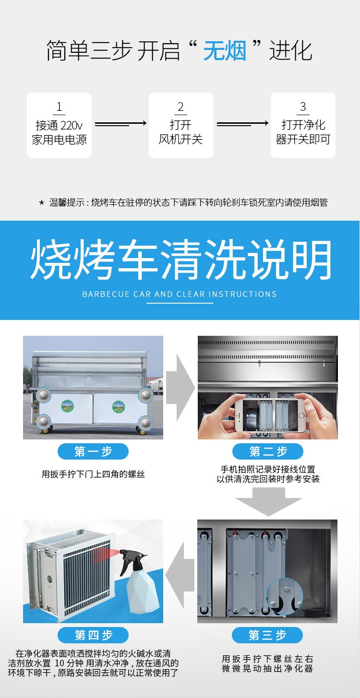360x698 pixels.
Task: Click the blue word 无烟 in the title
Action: tap(225, 50)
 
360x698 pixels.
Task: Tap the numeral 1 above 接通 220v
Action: tap(59, 107)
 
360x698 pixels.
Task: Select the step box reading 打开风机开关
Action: tap(181, 125)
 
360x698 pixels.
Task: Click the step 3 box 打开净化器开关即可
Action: tap(303, 125)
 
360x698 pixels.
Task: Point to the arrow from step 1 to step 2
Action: tap(120, 124)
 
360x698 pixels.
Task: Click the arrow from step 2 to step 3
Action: tap(242, 124)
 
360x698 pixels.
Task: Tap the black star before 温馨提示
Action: tap(41, 203)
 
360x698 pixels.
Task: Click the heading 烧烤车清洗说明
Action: tap(180, 260)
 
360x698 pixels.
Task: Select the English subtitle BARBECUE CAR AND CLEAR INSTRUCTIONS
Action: tap(179, 294)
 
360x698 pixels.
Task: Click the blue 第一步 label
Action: tap(93, 451)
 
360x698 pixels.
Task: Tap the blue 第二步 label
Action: tap(268, 451)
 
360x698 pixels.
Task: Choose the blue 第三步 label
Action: tap(267, 635)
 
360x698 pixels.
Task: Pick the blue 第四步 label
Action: tap(93, 635)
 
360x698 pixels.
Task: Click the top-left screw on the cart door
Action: tap(43, 395)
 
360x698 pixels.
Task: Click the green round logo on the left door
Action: tap(67, 406)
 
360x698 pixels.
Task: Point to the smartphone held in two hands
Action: tap(270, 415)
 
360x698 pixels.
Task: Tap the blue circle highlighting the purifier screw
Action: tap(285, 596)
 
